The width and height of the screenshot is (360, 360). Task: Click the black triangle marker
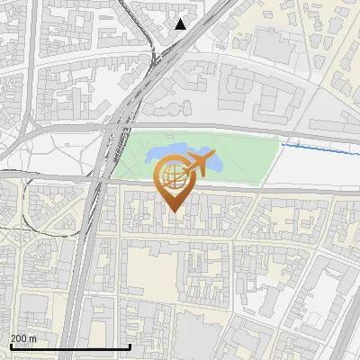[x=181, y=24]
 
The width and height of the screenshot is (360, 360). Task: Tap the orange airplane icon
[x=200, y=165]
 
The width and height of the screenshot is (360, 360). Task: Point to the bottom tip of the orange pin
[x=172, y=212]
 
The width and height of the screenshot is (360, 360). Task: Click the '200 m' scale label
[x=23, y=338]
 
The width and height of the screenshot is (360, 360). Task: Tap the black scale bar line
[x=70, y=346]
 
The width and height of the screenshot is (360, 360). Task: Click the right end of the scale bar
[x=130, y=346]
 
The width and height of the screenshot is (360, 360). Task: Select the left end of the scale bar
[x=10, y=346]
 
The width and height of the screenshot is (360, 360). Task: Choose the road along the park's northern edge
[x=225, y=130]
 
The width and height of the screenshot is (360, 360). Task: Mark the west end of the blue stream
[x=283, y=143]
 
